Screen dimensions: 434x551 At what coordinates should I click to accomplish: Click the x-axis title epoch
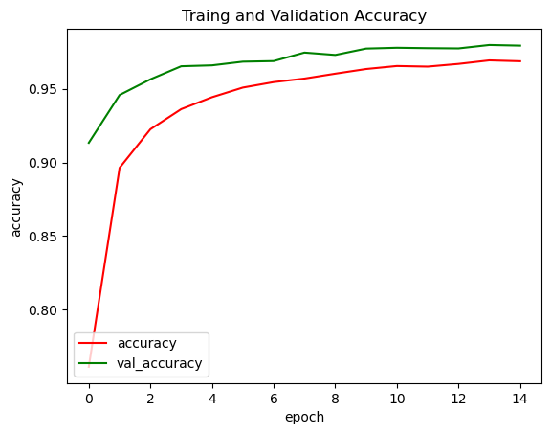pyautogui.click(x=304, y=417)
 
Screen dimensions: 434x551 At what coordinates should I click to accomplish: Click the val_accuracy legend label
pyautogui.click(x=159, y=363)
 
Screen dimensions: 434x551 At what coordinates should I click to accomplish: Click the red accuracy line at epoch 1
pyautogui.click(x=120, y=168)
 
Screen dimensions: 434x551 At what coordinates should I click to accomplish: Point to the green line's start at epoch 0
pyautogui.click(x=89, y=143)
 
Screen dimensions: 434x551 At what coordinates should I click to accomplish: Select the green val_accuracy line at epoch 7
pyautogui.click(x=304, y=53)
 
